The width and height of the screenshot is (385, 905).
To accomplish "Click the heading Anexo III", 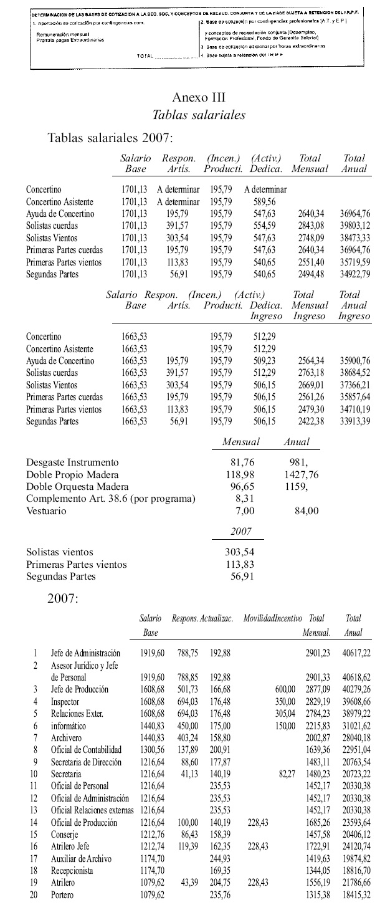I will pyautogui.click(x=198, y=97).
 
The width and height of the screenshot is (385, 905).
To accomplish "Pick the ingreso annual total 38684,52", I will pyautogui.click(x=354, y=373).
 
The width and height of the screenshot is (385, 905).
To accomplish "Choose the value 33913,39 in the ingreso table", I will pyautogui.click(x=354, y=421).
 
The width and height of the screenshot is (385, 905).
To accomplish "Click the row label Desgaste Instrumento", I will pyautogui.click(x=72, y=462).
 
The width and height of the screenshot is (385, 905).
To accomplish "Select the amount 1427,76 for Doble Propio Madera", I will pyautogui.click(x=301, y=474).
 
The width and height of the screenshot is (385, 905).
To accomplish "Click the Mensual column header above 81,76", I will pyautogui.click(x=240, y=442).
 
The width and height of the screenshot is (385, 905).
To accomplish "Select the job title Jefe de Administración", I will pyautogui.click(x=85, y=653).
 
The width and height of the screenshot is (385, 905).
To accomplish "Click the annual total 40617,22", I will pyautogui.click(x=358, y=653).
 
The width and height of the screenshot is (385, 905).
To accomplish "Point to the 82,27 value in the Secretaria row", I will pyautogui.click(x=285, y=773).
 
